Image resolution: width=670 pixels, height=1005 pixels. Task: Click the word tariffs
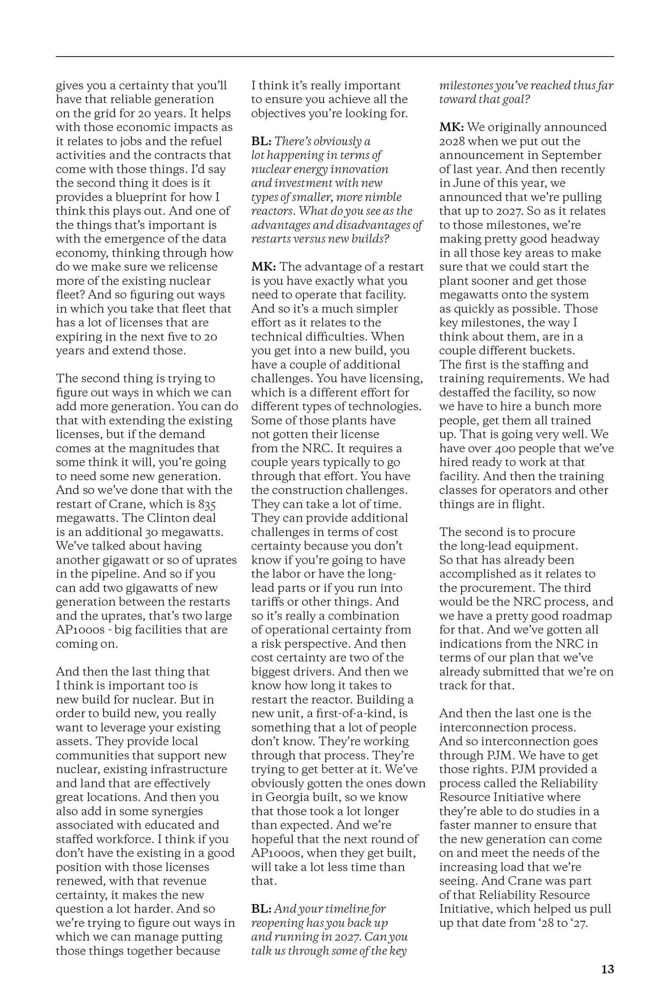coord(270,602)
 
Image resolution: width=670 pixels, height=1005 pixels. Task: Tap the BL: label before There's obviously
coord(261,141)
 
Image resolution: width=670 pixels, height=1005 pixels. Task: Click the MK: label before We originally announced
coord(452,127)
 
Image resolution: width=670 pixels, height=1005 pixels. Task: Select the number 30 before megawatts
coord(148,532)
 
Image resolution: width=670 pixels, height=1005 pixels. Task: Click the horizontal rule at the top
coord(334,57)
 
